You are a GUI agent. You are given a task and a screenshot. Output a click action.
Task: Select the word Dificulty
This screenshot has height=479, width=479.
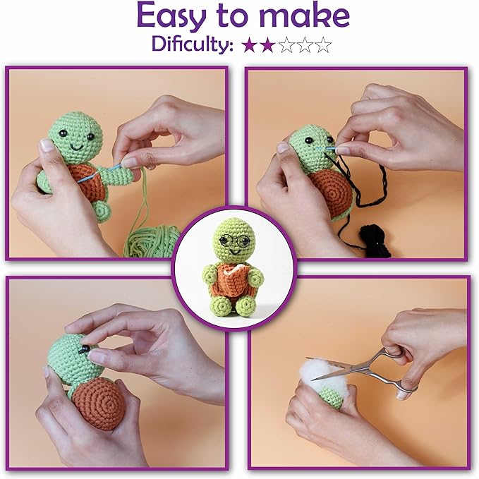tap(191, 45)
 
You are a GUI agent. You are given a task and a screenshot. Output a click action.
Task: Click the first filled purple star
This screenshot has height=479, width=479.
tap(248, 46)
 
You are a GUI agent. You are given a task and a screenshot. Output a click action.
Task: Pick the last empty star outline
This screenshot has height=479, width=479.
tap(323, 46)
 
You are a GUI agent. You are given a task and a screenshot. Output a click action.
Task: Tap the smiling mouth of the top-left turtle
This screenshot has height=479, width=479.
tap(75, 148)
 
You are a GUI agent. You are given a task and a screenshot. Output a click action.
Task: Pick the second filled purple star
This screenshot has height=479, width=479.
tap(267, 46)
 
